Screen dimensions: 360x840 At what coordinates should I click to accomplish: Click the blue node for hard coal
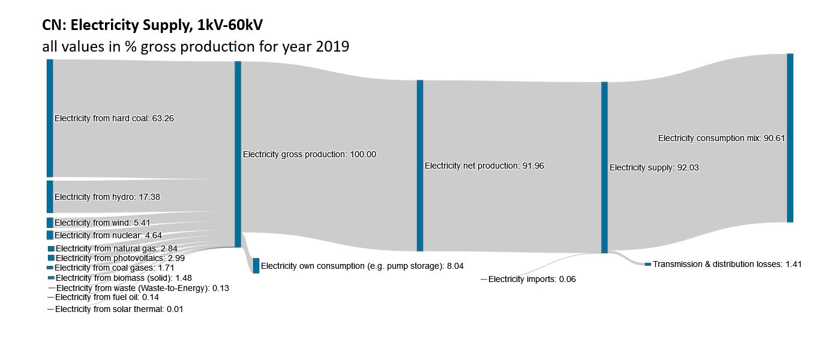50,118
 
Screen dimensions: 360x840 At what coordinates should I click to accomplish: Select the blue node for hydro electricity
50,197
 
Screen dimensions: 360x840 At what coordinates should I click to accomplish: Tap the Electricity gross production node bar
238,154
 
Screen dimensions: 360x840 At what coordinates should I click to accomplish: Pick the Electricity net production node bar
420,166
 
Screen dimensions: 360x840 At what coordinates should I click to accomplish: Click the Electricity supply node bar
604,167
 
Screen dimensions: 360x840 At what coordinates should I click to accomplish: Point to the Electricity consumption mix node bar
790,138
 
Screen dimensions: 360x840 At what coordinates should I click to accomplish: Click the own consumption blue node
256,265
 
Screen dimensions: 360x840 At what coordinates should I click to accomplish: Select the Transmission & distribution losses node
648,264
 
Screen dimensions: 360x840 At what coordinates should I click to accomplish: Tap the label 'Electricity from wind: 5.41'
102,223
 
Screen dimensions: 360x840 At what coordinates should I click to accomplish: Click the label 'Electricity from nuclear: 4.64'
108,235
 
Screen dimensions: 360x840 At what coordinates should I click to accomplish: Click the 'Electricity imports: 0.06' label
532,279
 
